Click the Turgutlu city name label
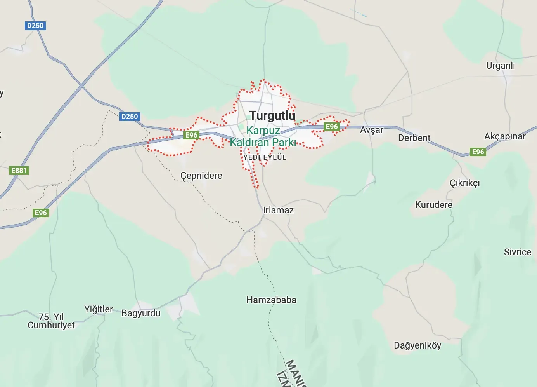[272, 115]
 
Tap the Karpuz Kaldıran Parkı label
[263, 136]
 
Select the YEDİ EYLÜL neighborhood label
[265, 157]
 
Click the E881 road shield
[19, 170]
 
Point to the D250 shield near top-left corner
[35, 26]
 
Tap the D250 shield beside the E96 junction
[129, 116]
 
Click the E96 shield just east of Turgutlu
[332, 126]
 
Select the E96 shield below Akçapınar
[478, 152]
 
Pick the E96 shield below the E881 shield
[41, 213]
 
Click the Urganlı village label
[501, 66]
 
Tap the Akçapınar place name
[504, 136]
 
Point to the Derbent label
[414, 138]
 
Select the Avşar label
[371, 130]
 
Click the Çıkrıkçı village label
[464, 183]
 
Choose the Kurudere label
[433, 205]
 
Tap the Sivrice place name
[517, 252]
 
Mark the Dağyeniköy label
[417, 345]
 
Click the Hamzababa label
[271, 300]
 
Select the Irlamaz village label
[278, 210]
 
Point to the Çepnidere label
[201, 176]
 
